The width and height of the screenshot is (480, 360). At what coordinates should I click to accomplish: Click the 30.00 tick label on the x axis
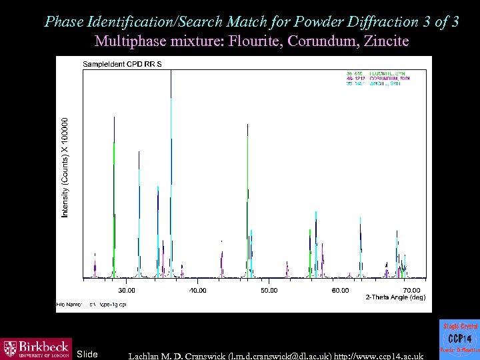127,290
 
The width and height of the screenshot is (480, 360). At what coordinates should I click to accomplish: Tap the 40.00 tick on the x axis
198,290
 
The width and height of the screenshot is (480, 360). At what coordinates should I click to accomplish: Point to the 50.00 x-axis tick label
269,290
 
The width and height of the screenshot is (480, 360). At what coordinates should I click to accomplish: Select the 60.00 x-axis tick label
340,290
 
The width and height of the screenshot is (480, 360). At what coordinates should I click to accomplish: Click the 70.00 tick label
411,290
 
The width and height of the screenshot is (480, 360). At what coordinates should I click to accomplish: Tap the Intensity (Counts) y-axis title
65,167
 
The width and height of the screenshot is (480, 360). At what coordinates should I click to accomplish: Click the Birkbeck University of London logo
35,347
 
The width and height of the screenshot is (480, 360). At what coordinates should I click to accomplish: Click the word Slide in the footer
87,353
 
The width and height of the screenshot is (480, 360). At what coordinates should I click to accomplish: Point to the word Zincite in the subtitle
383,41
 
